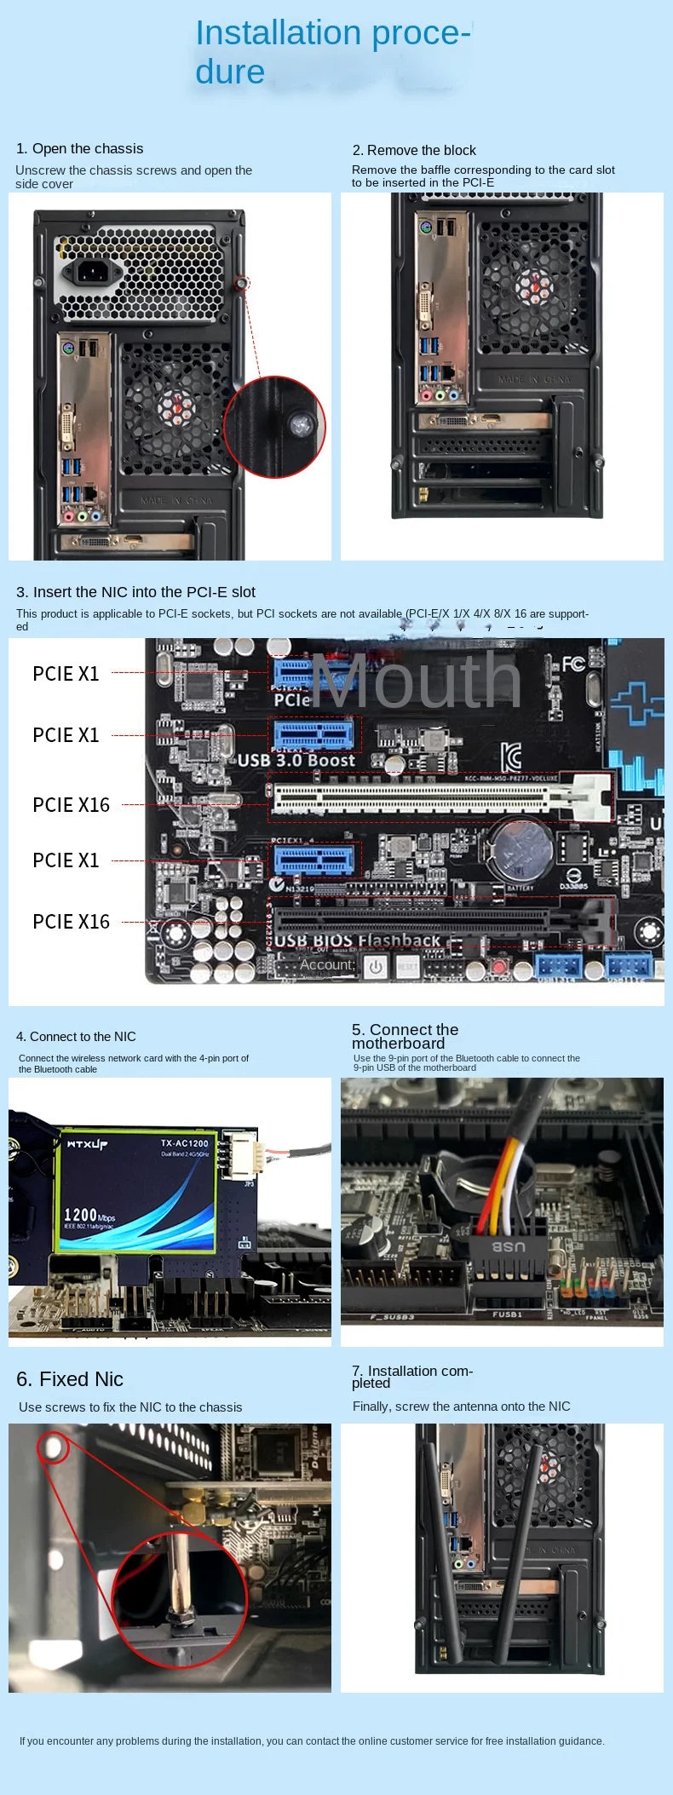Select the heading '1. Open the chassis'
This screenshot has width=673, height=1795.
pos(79,148)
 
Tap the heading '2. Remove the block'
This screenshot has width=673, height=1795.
pos(414,150)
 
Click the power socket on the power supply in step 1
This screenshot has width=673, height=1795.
pos(93,272)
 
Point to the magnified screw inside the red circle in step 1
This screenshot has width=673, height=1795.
pos(299,423)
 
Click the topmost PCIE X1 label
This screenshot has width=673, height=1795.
pos(66,674)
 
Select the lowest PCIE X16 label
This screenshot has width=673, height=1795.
pos(71,922)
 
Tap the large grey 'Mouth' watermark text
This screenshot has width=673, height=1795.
pos(416,681)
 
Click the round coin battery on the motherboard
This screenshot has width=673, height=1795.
pos(519,849)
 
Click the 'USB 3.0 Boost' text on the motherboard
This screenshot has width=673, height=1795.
pos(296,760)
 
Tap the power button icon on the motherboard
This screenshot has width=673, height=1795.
pos(376,967)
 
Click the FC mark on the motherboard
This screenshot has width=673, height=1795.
pos(572,663)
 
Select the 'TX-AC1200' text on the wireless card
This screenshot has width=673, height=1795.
pos(184,1142)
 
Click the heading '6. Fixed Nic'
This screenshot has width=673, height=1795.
pos(70,1379)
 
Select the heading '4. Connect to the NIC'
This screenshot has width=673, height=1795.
pos(76,1037)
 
